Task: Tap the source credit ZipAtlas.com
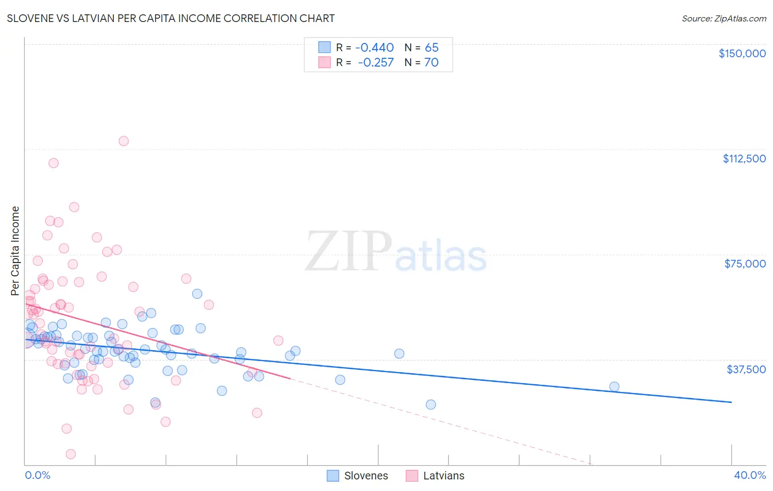tap(724, 18)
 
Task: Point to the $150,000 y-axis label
tap(742, 53)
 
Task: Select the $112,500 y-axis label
tap(744, 159)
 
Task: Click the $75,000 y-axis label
tap(744, 264)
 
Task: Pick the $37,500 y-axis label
tap(746, 369)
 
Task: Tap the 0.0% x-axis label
tap(37, 476)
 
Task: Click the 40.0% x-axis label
tap(749, 476)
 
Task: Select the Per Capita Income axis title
tap(15, 250)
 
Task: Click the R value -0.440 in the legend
tap(374, 48)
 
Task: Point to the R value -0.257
tap(376, 63)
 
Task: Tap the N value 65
tap(432, 48)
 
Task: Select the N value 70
tap(432, 63)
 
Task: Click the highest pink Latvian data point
tap(124, 141)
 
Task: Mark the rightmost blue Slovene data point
tap(614, 386)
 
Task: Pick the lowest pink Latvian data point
tap(71, 454)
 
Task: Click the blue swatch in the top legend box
tap(324, 47)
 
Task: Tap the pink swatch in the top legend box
tap(324, 62)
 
